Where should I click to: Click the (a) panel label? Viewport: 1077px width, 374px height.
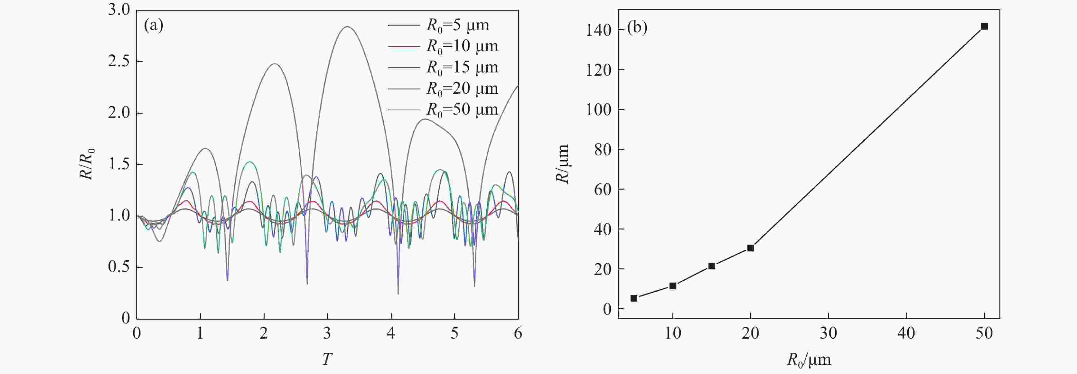coord(154,26)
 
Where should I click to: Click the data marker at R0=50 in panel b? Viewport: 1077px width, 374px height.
coord(984,26)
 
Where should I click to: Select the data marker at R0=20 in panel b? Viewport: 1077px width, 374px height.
coord(751,248)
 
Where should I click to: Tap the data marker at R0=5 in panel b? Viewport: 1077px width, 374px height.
coord(634,298)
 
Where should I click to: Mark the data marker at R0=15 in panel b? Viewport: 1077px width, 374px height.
coord(712,266)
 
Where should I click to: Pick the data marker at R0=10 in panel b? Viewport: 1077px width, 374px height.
coord(673,286)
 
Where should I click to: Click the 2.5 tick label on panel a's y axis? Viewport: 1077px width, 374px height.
coord(119,61)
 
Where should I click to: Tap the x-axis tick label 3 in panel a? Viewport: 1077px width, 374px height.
coord(327,333)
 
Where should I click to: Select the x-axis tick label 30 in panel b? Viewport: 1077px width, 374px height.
coord(828,333)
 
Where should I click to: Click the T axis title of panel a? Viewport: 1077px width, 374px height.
coord(327,359)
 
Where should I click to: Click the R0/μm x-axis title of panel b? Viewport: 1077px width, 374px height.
coord(809,360)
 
